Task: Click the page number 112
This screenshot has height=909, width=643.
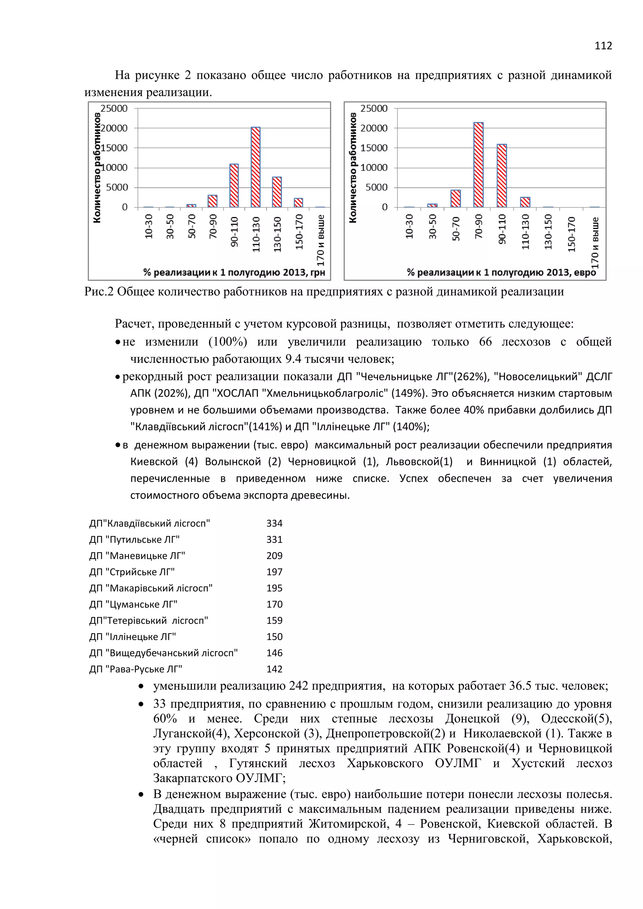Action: point(603,46)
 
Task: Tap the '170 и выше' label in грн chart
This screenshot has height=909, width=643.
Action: point(321,240)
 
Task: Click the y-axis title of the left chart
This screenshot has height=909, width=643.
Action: point(97,168)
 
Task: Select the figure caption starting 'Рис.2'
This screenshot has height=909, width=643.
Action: point(324,292)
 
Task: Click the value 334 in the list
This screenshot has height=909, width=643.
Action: point(274,523)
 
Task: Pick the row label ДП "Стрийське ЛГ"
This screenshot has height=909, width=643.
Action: point(132,572)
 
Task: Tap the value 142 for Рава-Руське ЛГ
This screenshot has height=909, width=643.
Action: point(274,669)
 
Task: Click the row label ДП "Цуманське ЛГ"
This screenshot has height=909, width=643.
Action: point(133,605)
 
